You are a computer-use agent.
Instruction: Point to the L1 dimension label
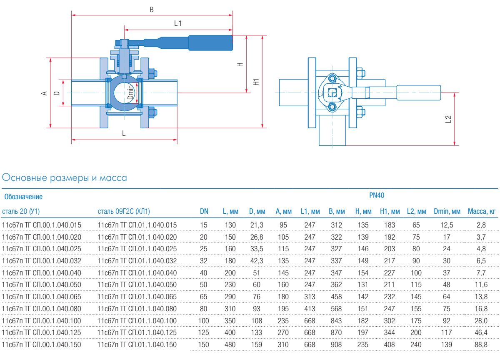[x=178, y=24]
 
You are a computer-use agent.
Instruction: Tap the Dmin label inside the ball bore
[x=130, y=92]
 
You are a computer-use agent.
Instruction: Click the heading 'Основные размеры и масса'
[x=65, y=178]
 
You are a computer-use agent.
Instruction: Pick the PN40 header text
[x=376, y=195]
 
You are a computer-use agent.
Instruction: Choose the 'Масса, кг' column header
[x=481, y=212]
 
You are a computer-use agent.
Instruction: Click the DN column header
[x=204, y=212]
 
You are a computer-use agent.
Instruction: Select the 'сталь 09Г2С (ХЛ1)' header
[x=124, y=212]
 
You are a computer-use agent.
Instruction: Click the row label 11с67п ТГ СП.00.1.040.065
[x=42, y=297]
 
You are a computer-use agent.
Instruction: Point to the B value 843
[x=336, y=321]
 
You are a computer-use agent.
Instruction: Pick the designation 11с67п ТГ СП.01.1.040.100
[x=137, y=321]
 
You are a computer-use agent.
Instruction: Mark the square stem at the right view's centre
[x=332, y=92]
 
